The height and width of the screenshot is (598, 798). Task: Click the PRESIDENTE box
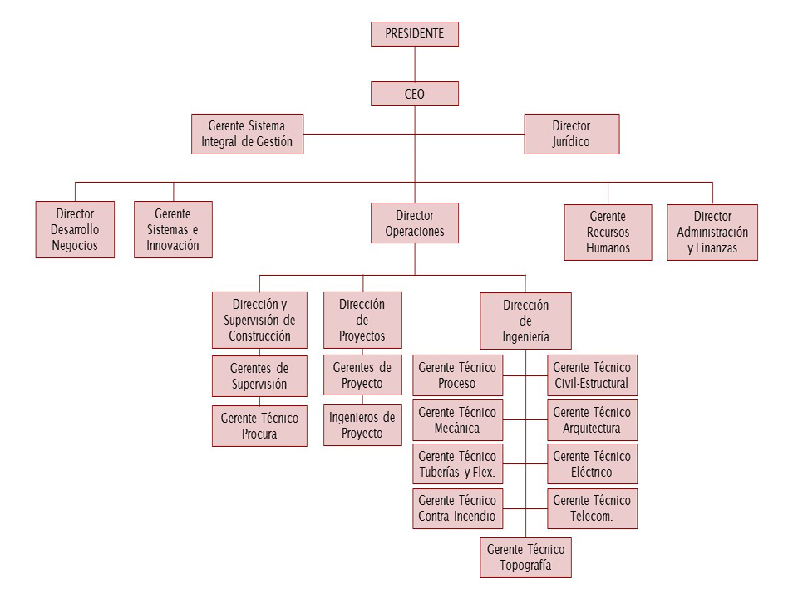pyautogui.click(x=414, y=34)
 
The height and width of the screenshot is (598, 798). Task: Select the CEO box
pyautogui.click(x=414, y=94)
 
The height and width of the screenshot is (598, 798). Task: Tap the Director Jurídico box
pyautogui.click(x=571, y=134)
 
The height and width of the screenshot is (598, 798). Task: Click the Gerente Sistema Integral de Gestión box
pyautogui.click(x=247, y=134)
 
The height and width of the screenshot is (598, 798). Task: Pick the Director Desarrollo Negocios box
pyautogui.click(x=75, y=229)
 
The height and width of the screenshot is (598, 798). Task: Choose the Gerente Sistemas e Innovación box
pyautogui.click(x=173, y=229)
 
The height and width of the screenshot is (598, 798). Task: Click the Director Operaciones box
pyautogui.click(x=414, y=223)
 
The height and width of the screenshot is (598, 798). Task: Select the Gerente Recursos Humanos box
pyautogui.click(x=608, y=233)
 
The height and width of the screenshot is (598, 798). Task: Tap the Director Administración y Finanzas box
pyautogui.click(x=712, y=233)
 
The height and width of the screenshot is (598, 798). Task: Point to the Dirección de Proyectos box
pyautogui.click(x=362, y=321)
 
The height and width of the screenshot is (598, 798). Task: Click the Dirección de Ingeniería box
pyautogui.click(x=525, y=321)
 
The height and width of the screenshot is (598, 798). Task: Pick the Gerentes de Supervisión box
pyautogui.click(x=259, y=375)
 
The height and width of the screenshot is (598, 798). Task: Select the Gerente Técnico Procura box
pyautogui.click(x=259, y=426)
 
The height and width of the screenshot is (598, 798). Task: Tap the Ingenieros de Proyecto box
pyautogui.click(x=362, y=424)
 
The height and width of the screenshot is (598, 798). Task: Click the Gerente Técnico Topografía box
pyautogui.click(x=525, y=558)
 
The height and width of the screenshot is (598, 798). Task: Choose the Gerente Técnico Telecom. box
pyautogui.click(x=592, y=507)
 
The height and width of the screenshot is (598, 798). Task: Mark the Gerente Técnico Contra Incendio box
pyautogui.click(x=457, y=507)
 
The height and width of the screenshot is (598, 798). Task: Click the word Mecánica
pyautogui.click(x=457, y=429)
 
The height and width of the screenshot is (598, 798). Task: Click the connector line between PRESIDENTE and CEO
pyautogui.click(x=414, y=64)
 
